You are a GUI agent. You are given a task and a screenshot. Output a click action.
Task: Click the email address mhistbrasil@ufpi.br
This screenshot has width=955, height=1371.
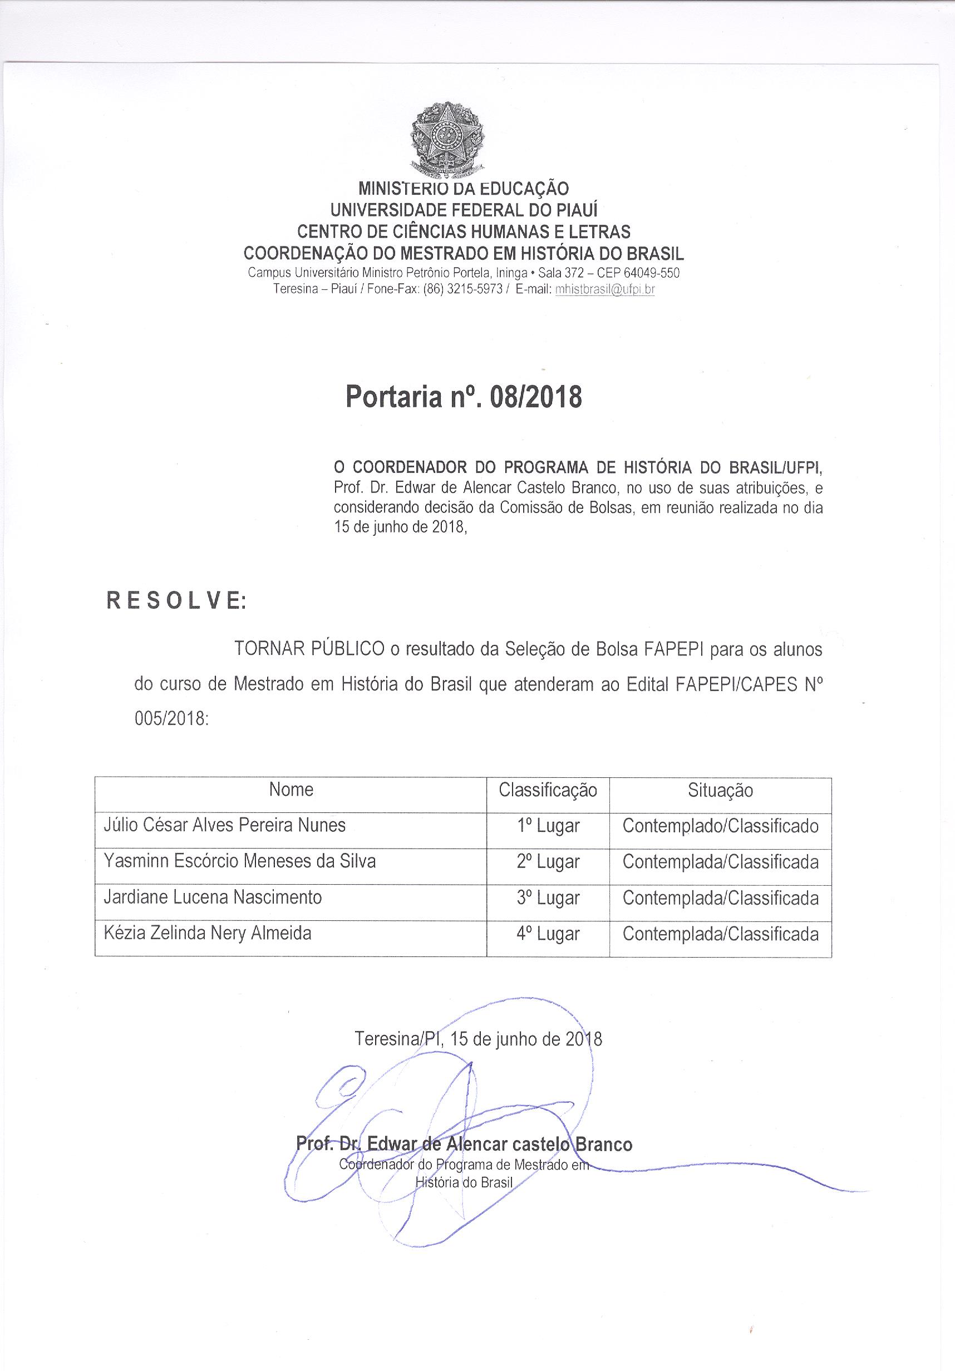coord(605,289)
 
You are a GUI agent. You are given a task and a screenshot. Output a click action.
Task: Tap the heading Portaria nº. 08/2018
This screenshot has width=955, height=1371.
coord(464,397)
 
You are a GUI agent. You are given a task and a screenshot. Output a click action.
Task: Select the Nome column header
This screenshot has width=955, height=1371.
coord(291,790)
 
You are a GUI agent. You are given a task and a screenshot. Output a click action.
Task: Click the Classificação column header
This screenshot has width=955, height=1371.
coord(548,791)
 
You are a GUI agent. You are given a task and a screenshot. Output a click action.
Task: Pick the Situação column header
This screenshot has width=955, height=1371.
coord(720,791)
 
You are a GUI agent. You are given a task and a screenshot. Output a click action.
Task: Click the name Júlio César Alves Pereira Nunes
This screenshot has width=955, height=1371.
coord(225,825)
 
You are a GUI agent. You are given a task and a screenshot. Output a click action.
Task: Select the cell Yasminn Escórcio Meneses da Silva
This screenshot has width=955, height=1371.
coord(239,861)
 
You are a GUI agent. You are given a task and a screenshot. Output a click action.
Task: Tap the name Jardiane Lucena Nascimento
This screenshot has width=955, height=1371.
coord(213,897)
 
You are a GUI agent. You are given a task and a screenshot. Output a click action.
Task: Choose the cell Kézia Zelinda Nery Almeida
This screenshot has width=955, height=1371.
coord(207,933)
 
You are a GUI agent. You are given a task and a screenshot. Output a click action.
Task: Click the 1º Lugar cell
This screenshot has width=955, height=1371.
coord(548,826)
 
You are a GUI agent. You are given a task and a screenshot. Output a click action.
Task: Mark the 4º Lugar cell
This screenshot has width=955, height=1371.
coord(548,934)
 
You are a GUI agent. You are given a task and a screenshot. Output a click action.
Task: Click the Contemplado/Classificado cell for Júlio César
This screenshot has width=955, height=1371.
coord(720,826)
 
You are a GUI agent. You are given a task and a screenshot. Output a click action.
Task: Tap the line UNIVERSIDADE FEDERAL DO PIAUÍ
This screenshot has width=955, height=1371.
coord(464,210)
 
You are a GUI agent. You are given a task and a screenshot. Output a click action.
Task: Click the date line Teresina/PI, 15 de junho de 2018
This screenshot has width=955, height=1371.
coord(478,1039)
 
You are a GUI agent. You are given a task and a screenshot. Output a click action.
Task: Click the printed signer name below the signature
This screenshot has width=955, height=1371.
coord(464,1144)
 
